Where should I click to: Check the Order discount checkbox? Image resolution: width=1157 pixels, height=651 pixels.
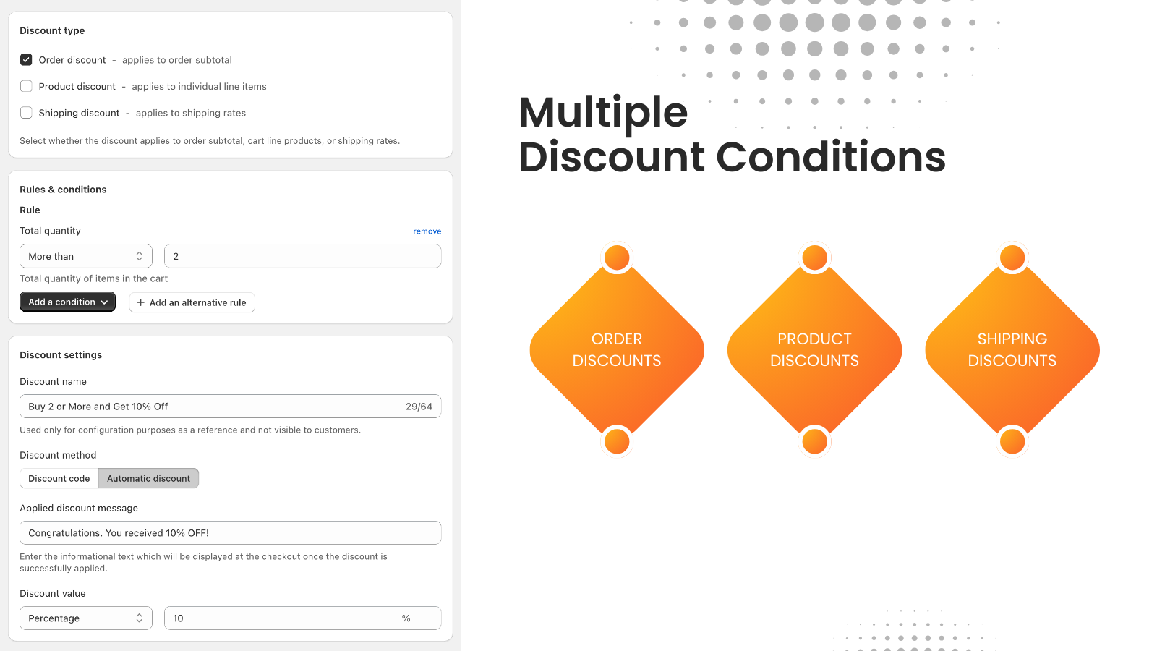click(26, 60)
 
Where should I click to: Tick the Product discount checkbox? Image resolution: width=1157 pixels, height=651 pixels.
click(26, 87)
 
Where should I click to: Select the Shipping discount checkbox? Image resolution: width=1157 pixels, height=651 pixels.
click(26, 113)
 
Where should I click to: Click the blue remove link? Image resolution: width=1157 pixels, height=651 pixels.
click(427, 231)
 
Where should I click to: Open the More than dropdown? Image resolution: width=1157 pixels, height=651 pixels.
click(85, 256)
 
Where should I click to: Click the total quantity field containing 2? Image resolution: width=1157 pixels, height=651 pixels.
click(302, 256)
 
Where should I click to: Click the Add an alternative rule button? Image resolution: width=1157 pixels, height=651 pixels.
click(192, 302)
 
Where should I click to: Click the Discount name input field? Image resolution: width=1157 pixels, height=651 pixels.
click(210, 407)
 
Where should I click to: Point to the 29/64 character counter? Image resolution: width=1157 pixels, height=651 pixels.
click(419, 407)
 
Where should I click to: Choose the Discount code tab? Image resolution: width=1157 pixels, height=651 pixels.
click(59, 478)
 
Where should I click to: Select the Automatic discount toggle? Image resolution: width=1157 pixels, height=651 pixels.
click(148, 478)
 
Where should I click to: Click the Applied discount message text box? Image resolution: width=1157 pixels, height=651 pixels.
click(230, 533)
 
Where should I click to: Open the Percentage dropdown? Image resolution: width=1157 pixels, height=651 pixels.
click(85, 618)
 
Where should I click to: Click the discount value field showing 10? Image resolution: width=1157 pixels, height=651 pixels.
click(282, 618)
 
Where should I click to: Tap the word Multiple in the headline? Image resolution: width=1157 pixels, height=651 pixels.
click(603, 113)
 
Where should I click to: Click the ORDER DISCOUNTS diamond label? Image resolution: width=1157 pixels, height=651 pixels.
click(617, 350)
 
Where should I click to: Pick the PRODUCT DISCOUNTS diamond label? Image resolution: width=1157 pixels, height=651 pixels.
click(814, 350)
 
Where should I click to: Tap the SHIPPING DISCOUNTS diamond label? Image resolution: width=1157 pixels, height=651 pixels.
click(1012, 350)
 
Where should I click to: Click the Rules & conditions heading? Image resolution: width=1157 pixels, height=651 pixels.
click(63, 190)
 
